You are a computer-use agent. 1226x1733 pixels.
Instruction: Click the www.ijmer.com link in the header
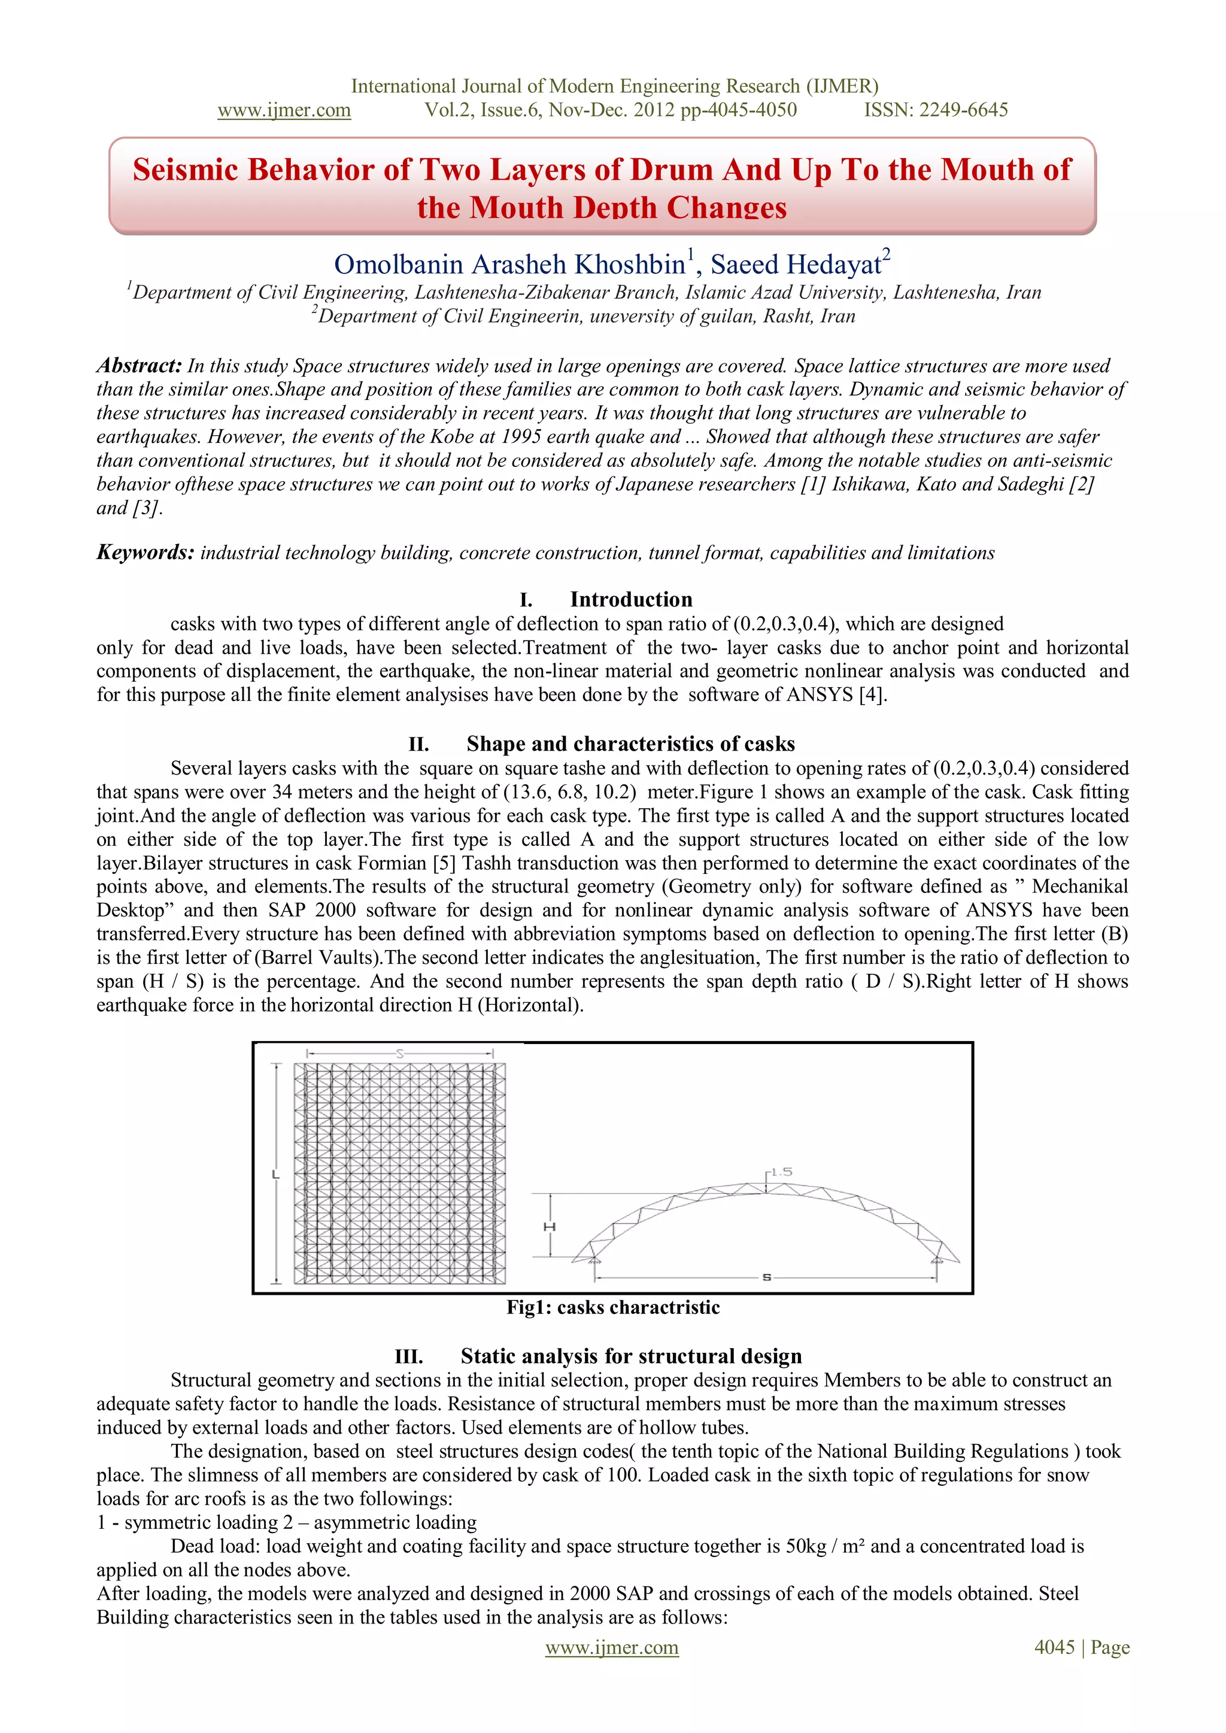pos(284,110)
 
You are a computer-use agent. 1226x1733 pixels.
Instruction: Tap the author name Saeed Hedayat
pos(796,264)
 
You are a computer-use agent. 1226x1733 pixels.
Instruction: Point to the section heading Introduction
pos(630,599)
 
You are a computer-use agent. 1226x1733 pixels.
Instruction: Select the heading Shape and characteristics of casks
pos(630,743)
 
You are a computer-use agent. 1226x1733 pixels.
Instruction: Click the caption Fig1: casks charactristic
pos(613,1307)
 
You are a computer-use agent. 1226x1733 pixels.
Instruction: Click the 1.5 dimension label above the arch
pos(781,1172)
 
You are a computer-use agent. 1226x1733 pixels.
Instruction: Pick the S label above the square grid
pos(400,1054)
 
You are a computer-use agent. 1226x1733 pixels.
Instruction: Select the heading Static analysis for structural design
pos(630,1356)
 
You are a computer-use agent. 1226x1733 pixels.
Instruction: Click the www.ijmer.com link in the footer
pos(611,1647)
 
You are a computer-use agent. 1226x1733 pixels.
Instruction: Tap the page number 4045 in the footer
pos(1054,1647)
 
